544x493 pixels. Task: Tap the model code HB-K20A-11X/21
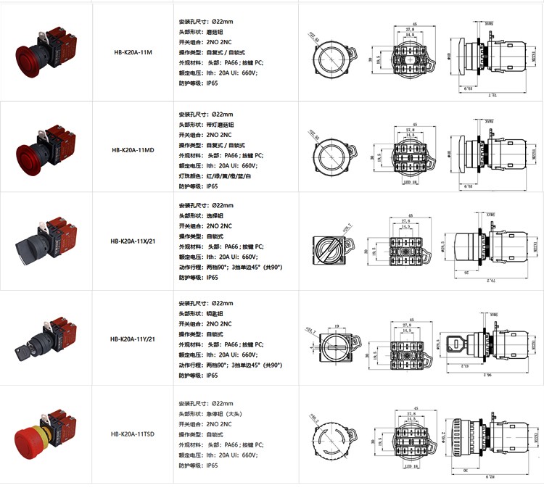click(x=133, y=242)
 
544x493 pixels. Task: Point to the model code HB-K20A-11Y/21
click(x=133, y=339)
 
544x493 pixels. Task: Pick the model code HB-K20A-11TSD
click(x=133, y=435)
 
